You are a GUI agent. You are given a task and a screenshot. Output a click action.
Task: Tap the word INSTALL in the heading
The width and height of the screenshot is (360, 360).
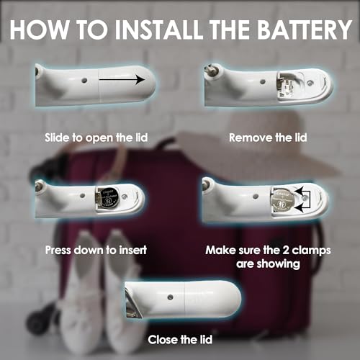[158, 30]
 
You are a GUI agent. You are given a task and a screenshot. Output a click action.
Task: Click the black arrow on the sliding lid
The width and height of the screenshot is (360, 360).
[122, 79]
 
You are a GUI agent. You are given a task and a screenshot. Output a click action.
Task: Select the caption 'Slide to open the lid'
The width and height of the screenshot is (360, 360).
[96, 138]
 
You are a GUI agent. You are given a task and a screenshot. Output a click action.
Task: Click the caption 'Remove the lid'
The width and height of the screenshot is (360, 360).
[268, 138]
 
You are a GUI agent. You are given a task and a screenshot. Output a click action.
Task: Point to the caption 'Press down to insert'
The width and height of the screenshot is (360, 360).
[96, 250]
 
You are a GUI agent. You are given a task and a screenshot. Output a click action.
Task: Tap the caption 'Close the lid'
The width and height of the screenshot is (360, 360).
[180, 340]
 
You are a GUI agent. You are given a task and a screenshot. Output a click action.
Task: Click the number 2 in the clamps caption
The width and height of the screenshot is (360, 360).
[286, 251]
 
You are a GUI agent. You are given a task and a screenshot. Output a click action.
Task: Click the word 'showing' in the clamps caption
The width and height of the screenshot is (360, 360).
[279, 264]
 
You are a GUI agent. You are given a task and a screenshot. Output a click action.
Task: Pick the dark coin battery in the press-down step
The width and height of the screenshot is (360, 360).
[109, 197]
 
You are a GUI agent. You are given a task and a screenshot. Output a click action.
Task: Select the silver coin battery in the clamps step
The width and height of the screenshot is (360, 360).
[282, 200]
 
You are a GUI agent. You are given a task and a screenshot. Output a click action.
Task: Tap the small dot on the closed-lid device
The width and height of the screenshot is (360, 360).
[170, 297]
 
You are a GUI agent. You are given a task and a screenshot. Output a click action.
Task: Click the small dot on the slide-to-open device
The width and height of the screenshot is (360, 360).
[84, 81]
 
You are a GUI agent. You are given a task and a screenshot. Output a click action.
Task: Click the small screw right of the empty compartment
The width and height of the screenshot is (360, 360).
[310, 83]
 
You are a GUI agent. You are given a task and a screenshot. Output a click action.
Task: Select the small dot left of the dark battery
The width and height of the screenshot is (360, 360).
[82, 196]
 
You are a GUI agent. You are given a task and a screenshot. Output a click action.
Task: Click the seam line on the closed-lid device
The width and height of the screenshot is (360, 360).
[184, 299]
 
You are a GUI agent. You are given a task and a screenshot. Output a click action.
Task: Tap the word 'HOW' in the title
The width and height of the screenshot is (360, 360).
[39, 30]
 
